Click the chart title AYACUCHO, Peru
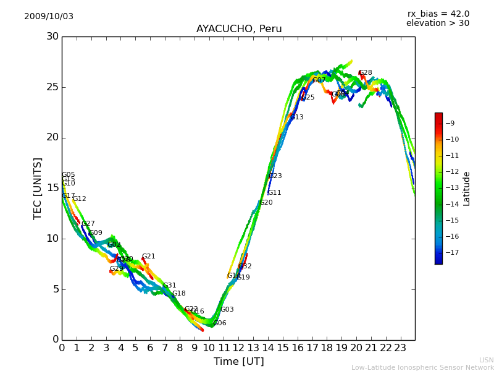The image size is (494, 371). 239,29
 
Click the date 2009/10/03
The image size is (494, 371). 49,17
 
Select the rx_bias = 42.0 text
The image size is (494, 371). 438,14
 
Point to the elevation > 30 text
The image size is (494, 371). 437,23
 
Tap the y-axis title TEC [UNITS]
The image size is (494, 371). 38,188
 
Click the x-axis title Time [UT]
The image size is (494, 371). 238,362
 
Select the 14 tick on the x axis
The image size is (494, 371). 268,348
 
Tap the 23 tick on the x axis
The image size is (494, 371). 400,348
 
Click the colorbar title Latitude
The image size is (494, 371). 467,189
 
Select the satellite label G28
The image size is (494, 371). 365,73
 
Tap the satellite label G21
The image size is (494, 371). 148,257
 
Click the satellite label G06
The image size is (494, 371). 219,323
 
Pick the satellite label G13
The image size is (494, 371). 296,117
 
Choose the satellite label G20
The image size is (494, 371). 266,203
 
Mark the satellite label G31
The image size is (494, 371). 169,286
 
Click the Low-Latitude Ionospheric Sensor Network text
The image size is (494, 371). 422,367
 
